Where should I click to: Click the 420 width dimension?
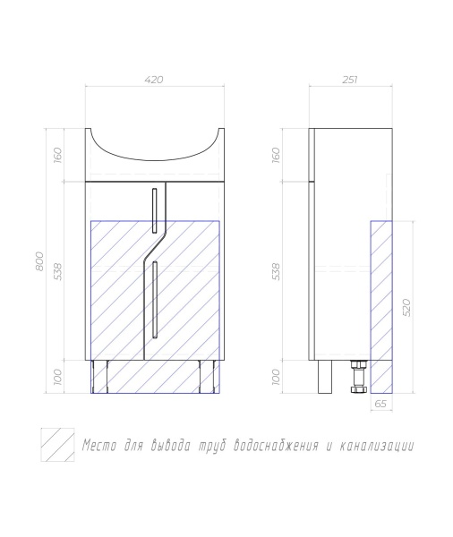[x=154, y=80]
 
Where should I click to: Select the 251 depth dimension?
[x=350, y=80]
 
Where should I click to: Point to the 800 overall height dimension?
[x=39, y=261]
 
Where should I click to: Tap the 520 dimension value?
[x=406, y=307]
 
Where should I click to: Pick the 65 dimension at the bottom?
[x=380, y=404]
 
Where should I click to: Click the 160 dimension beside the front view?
[x=58, y=155]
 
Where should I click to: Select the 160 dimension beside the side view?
[x=276, y=155]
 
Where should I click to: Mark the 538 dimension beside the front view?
[x=58, y=271]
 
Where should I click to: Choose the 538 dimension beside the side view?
[x=276, y=271]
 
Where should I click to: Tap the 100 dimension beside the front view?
[x=58, y=377]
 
